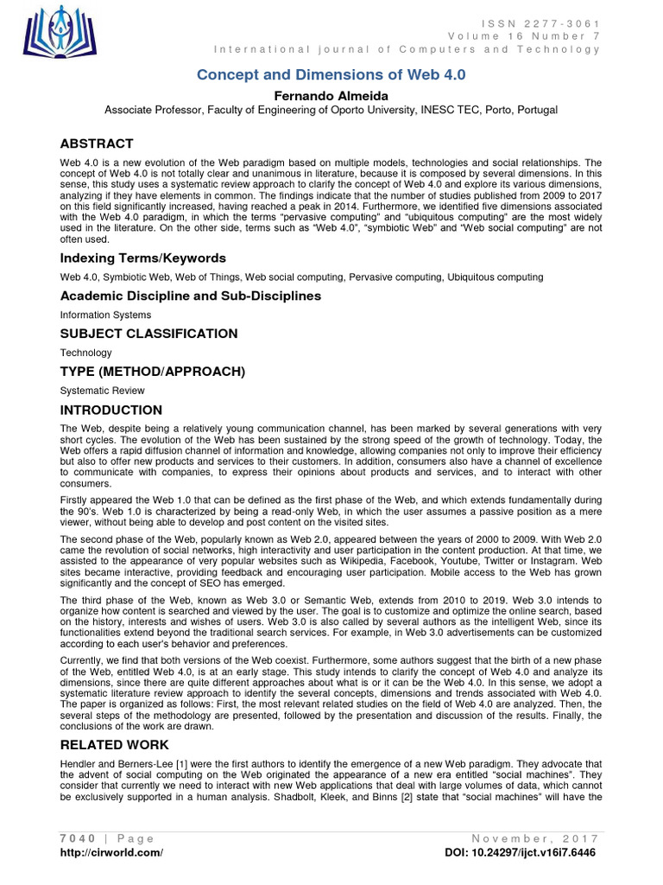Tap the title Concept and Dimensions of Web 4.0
(x=331, y=74)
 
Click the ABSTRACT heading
(x=97, y=143)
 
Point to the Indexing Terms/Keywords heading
(x=142, y=258)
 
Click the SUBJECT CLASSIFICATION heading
(x=148, y=334)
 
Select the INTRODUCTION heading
(x=110, y=410)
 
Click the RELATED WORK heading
(x=114, y=744)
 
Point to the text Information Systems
(x=105, y=315)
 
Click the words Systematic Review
(x=103, y=391)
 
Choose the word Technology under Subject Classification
(x=85, y=353)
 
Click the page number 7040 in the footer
(x=77, y=838)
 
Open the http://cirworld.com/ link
(x=111, y=852)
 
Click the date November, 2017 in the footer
(x=536, y=838)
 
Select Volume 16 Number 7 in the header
(x=523, y=35)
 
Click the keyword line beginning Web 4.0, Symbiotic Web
(x=301, y=277)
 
